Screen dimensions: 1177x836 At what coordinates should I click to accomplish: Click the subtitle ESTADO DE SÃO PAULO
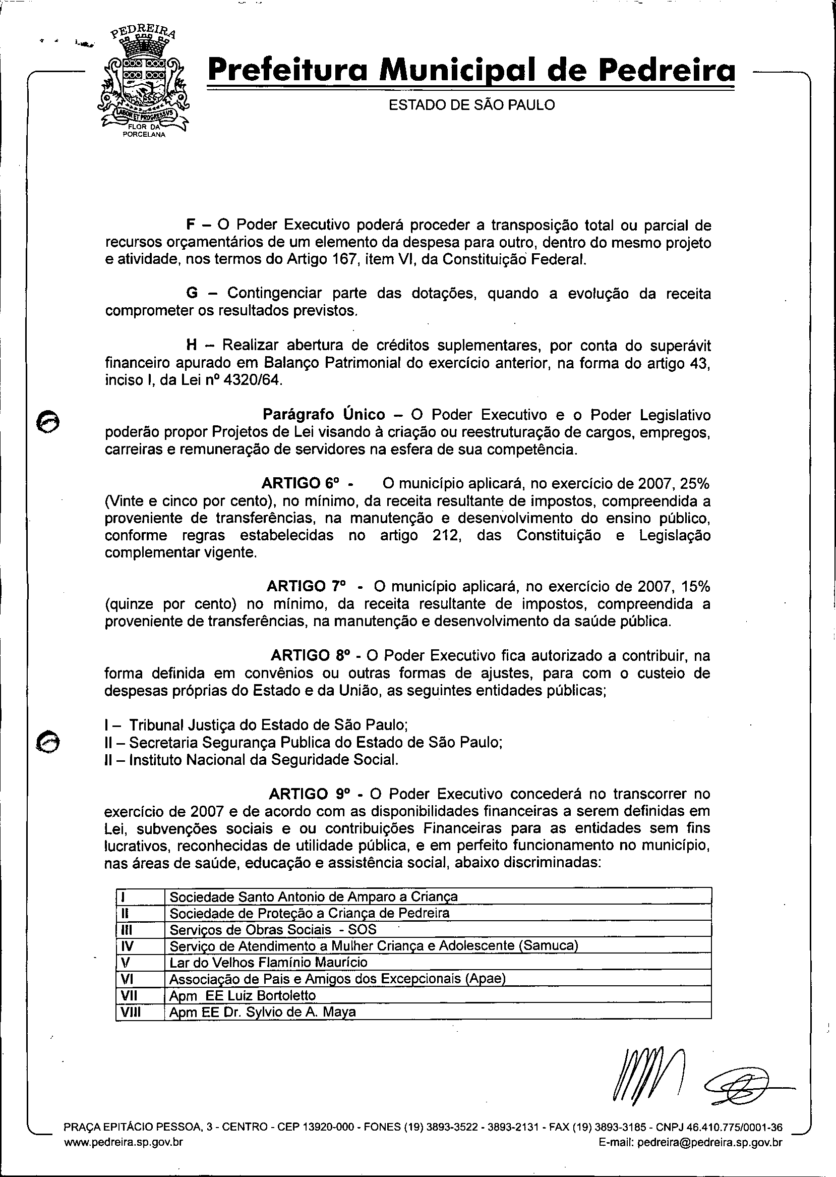click(x=471, y=105)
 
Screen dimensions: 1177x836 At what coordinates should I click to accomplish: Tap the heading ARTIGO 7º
click(x=306, y=587)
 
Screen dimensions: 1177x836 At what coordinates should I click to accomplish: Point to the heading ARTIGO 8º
click(x=311, y=656)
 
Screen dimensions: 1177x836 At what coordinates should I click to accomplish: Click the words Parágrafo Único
click(x=324, y=415)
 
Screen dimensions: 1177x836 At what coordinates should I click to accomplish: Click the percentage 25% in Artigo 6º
click(x=694, y=484)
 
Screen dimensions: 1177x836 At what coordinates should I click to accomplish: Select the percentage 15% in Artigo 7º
click(x=695, y=587)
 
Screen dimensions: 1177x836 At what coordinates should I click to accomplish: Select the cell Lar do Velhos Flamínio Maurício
click(x=269, y=962)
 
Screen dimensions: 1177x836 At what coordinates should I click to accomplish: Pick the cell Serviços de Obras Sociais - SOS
click(x=273, y=929)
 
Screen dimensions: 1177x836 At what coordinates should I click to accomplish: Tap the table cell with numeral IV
click(x=127, y=946)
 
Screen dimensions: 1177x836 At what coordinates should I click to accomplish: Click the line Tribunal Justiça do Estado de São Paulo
click(x=268, y=725)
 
